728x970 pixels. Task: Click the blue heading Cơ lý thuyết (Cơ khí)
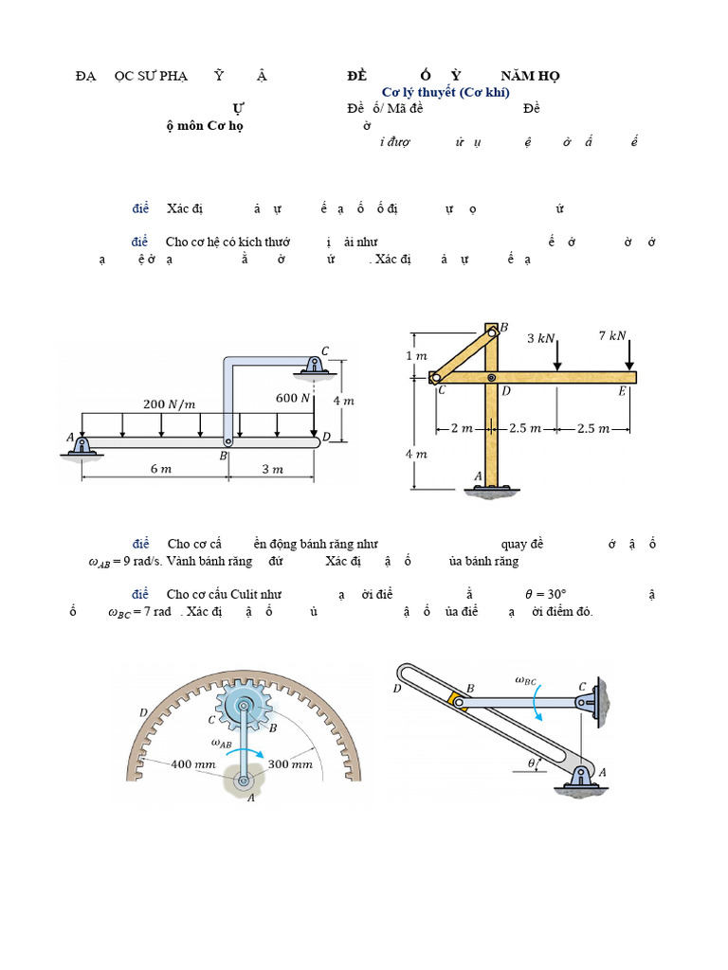coord(445,92)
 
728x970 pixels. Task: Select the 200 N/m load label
coord(169,404)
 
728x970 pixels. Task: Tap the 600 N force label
coord(293,398)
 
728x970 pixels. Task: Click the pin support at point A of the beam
coord(82,445)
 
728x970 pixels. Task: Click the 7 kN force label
coord(612,335)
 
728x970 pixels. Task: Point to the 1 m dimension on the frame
coord(417,355)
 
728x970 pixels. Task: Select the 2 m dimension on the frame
coord(462,428)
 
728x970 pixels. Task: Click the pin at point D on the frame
coord(491,378)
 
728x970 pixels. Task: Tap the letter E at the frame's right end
coord(623,391)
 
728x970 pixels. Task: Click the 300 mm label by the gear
coord(290,763)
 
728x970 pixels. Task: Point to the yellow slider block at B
coord(457,702)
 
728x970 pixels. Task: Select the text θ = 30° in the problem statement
coord(552,595)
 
